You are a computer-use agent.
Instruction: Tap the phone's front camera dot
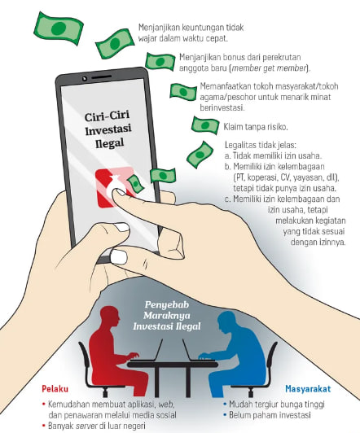click(x=85, y=78)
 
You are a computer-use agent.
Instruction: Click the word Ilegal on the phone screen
click(x=109, y=143)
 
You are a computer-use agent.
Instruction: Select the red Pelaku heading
click(x=55, y=389)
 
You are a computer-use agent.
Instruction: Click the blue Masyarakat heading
click(x=308, y=389)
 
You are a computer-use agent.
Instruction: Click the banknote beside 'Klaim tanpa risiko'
click(x=205, y=125)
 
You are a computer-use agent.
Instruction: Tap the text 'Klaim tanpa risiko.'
click(x=256, y=127)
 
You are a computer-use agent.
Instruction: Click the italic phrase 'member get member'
click(x=269, y=68)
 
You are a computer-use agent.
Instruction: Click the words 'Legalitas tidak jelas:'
click(x=261, y=145)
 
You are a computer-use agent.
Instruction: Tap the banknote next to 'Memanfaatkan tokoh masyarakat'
click(x=183, y=91)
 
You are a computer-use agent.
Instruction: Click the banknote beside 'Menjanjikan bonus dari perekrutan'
click(x=160, y=61)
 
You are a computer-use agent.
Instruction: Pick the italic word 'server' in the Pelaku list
click(x=86, y=426)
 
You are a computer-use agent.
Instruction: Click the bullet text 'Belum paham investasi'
click(x=270, y=415)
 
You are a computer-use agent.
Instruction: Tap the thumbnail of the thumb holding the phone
click(x=120, y=256)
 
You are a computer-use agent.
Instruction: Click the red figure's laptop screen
click(x=159, y=349)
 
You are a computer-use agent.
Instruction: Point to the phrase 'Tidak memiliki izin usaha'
click(x=278, y=155)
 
